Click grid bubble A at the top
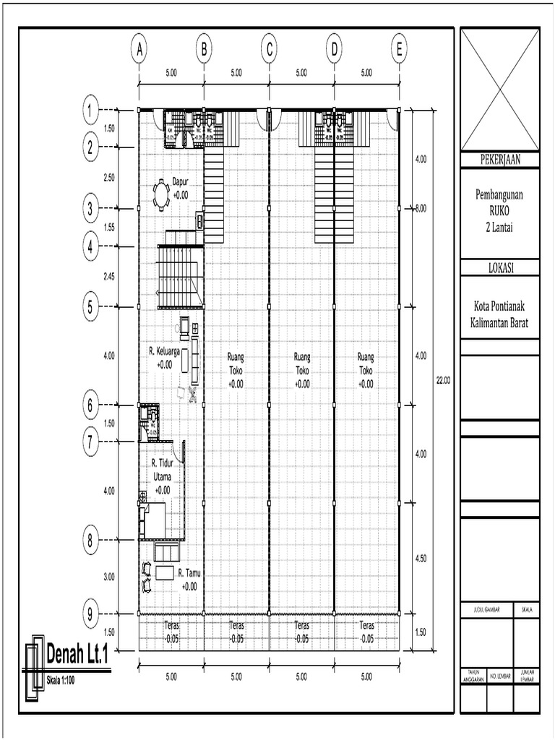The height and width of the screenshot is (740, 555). (x=139, y=49)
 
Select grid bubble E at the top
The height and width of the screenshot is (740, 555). (x=398, y=49)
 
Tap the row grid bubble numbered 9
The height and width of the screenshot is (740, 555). (x=90, y=615)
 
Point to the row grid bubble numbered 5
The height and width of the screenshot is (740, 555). (x=90, y=306)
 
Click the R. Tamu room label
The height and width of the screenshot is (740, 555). (x=189, y=573)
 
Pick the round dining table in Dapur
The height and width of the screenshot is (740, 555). (x=160, y=194)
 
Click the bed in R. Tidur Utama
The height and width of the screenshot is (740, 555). (x=152, y=520)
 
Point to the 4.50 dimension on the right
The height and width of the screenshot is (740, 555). (x=421, y=558)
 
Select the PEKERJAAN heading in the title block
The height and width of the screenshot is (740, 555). (x=499, y=160)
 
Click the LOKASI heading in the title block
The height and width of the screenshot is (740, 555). (x=499, y=268)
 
